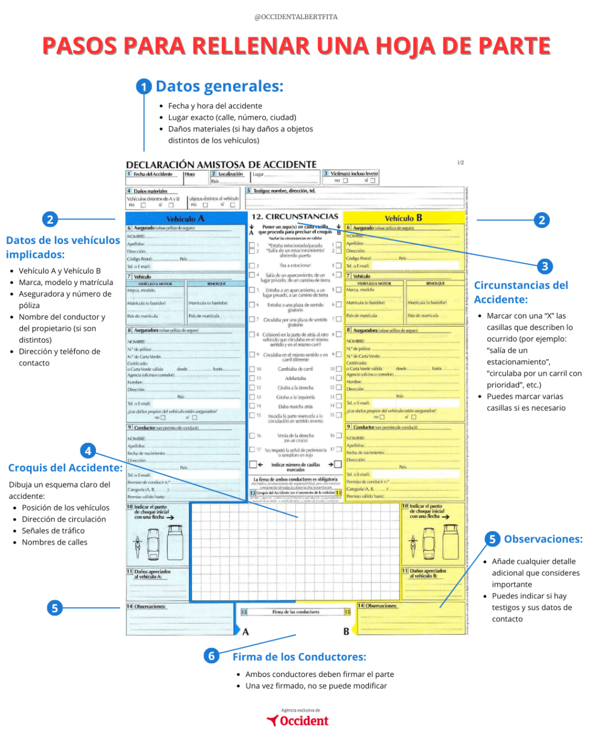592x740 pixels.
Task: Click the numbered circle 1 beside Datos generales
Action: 144,87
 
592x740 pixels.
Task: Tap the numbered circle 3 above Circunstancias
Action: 545,267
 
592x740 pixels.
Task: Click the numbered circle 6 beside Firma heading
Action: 212,656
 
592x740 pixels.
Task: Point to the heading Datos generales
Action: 220,87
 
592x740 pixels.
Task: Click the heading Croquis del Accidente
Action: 65,468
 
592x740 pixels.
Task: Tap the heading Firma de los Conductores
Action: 299,657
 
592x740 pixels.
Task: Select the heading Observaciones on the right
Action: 543,539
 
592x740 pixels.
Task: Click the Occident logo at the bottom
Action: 298,720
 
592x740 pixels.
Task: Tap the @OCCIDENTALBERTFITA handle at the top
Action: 296,17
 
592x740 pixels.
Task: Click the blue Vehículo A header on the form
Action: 186,219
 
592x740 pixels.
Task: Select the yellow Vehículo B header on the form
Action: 404,218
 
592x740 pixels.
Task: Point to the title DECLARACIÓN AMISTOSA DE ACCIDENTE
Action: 221,165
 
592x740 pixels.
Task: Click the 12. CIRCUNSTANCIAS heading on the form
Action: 295,216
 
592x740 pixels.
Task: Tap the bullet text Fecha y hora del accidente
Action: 215,106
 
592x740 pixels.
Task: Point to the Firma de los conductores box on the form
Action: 295,612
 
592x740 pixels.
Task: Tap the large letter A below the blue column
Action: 246,631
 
